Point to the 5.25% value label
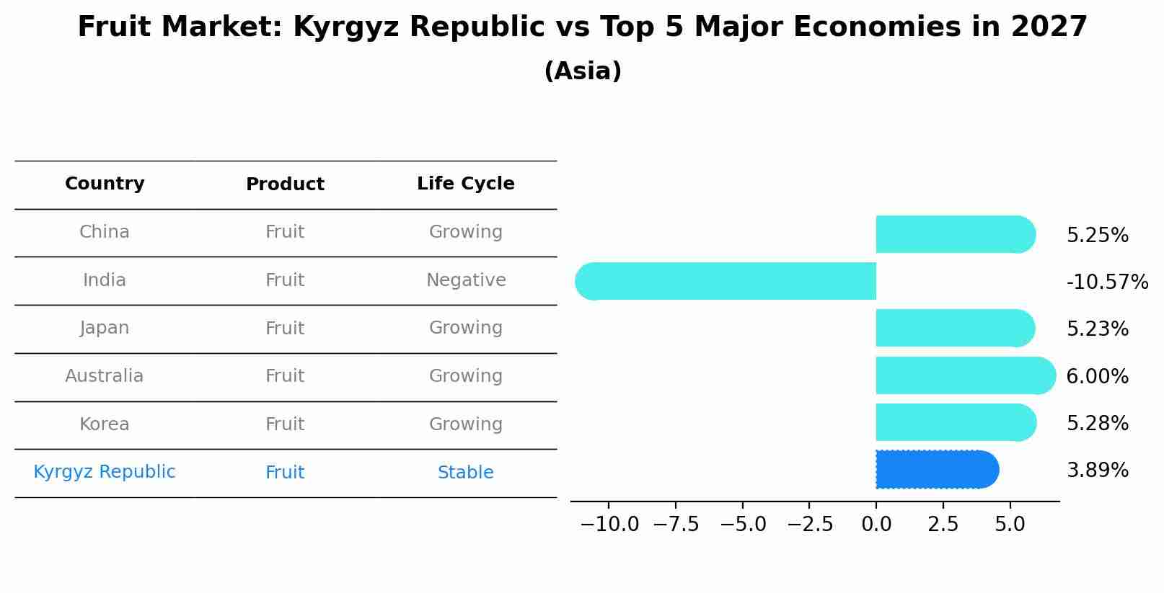click(1097, 236)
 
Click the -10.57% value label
click(1107, 282)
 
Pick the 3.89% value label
click(1097, 471)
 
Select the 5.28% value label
click(1097, 424)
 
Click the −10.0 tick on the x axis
click(609, 525)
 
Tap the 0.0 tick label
click(876, 525)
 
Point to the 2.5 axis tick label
click(943, 525)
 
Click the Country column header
click(105, 184)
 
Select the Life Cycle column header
click(466, 184)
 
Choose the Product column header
click(285, 184)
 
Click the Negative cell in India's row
click(466, 280)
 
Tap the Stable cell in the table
click(466, 473)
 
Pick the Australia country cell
click(105, 376)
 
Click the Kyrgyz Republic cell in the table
click(105, 472)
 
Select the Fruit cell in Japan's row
click(285, 329)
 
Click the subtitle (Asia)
click(583, 71)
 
